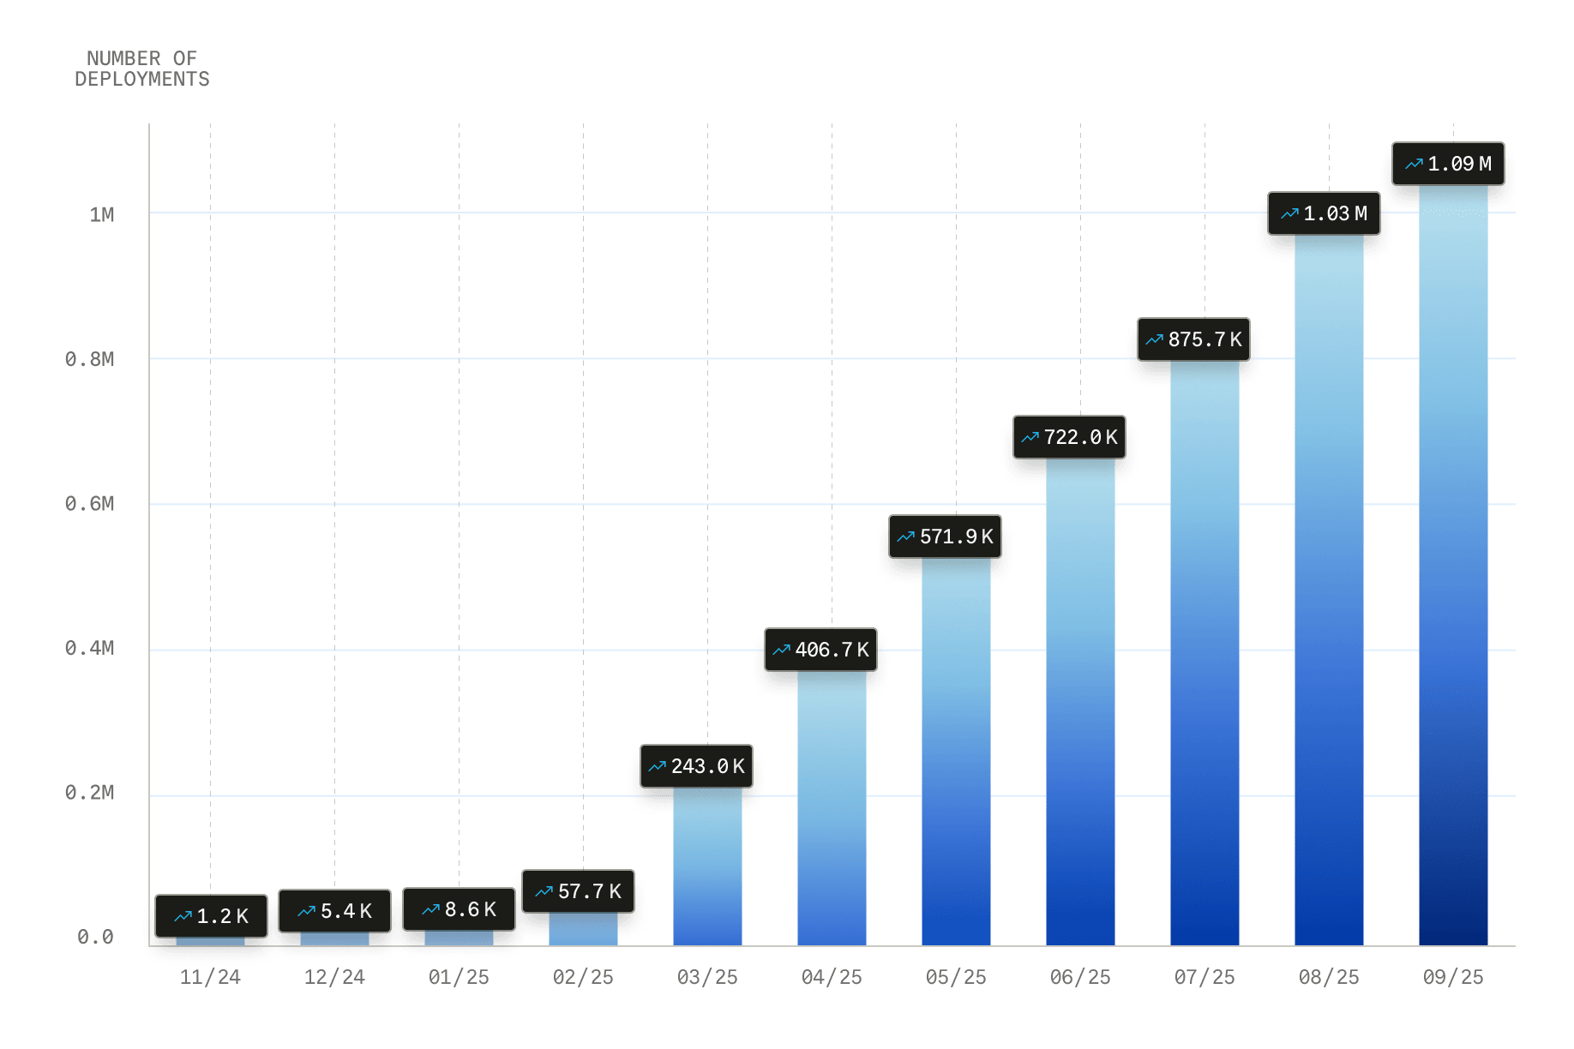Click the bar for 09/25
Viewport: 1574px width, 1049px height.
tap(1453, 566)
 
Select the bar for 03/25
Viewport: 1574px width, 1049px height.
tap(707, 866)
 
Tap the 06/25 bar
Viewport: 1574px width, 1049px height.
tap(1080, 703)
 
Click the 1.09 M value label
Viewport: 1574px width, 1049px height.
tap(1449, 164)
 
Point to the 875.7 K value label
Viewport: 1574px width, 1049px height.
tap(1194, 339)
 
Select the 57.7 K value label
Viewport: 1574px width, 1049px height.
tap(579, 891)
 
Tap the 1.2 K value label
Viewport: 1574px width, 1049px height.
tap(212, 916)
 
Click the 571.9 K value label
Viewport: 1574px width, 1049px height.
tap(946, 536)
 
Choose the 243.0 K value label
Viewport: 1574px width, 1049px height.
tap(697, 766)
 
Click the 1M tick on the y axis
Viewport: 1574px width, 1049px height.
tap(102, 214)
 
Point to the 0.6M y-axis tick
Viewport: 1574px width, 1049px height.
tap(90, 504)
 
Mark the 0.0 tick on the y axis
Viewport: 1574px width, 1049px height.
tap(95, 938)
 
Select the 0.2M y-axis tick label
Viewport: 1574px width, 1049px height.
tap(90, 793)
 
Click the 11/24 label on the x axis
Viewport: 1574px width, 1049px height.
tap(210, 977)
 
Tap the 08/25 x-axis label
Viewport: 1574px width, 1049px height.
tap(1329, 977)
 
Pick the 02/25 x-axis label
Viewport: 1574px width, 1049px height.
tap(583, 977)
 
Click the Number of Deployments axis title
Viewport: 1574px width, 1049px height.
tap(142, 69)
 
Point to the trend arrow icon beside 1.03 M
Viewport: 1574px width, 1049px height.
tap(1289, 213)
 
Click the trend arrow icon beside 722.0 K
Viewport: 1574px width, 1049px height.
tap(1030, 437)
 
